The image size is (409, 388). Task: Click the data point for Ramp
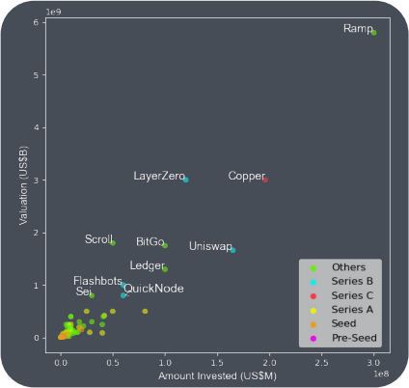tap(373, 33)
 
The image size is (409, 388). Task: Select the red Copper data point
tap(265, 180)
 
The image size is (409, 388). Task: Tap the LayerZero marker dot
tap(186, 180)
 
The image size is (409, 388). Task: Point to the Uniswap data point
tap(232, 250)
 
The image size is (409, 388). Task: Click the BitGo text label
tap(150, 241)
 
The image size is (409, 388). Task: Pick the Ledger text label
tap(148, 265)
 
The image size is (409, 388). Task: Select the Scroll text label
tap(98, 239)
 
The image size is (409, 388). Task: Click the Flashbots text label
tap(97, 281)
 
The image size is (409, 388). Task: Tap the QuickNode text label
tap(153, 289)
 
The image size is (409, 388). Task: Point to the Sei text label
tap(84, 291)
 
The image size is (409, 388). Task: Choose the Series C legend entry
tap(341, 295)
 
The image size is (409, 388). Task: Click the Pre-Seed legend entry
tap(343, 338)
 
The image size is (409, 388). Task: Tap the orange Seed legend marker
tap(314, 324)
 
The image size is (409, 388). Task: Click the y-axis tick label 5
tap(36, 75)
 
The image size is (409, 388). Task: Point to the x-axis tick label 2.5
tap(321, 363)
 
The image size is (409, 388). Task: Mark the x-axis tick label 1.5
tap(217, 363)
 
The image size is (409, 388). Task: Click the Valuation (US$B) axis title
tap(23, 185)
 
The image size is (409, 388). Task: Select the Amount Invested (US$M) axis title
tap(217, 375)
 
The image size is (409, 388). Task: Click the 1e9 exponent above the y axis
tap(54, 13)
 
